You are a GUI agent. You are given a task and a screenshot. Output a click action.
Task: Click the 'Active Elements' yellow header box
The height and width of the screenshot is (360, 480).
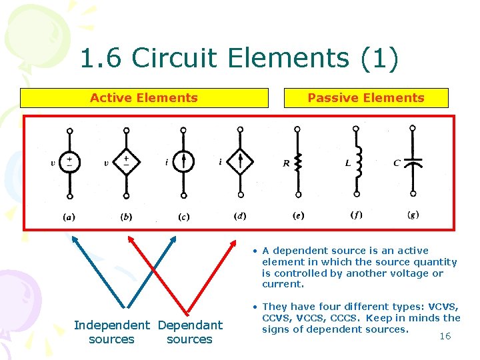(144, 98)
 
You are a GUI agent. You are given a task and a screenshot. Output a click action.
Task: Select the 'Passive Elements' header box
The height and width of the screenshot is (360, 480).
(366, 98)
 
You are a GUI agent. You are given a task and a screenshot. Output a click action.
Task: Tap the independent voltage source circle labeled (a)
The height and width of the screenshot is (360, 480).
(69, 163)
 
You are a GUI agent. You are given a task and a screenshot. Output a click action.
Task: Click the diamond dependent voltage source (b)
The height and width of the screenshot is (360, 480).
(126, 163)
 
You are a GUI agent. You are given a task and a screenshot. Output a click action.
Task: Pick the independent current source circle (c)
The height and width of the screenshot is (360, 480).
(184, 162)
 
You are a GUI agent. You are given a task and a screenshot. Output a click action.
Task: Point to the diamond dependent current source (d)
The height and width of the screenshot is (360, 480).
(241, 162)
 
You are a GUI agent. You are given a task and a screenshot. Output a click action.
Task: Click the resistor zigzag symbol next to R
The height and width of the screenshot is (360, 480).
(299, 162)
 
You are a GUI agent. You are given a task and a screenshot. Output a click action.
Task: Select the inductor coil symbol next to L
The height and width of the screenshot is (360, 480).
(357, 162)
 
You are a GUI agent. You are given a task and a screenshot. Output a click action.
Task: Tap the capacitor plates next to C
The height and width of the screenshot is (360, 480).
(413, 161)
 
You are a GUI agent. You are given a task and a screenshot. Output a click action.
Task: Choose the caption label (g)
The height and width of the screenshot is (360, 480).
(413, 215)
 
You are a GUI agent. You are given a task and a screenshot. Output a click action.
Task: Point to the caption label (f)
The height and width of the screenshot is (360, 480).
(357, 215)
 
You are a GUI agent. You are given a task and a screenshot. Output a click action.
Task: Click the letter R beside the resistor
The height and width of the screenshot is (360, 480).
(286, 163)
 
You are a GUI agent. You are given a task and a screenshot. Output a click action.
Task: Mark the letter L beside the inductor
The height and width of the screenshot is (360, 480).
(348, 163)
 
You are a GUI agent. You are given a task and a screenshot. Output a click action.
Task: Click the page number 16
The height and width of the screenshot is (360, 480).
(445, 336)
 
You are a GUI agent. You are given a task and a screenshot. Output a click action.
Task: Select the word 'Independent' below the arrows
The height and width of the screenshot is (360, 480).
(112, 325)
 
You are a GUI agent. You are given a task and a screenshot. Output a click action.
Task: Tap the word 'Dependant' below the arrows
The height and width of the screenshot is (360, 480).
(190, 325)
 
